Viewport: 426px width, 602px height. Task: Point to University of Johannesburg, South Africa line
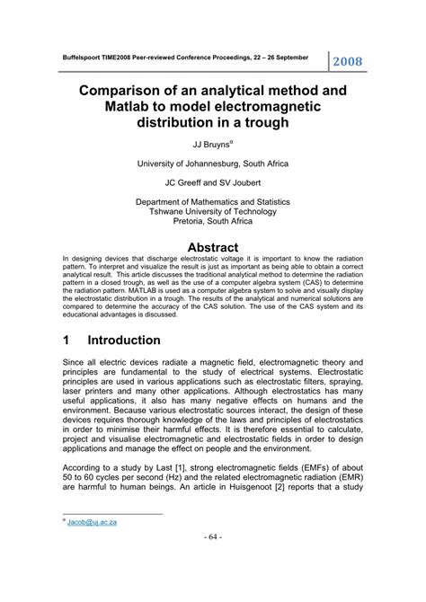[x=213, y=164]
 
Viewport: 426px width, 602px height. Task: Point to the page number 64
[x=212, y=562]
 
